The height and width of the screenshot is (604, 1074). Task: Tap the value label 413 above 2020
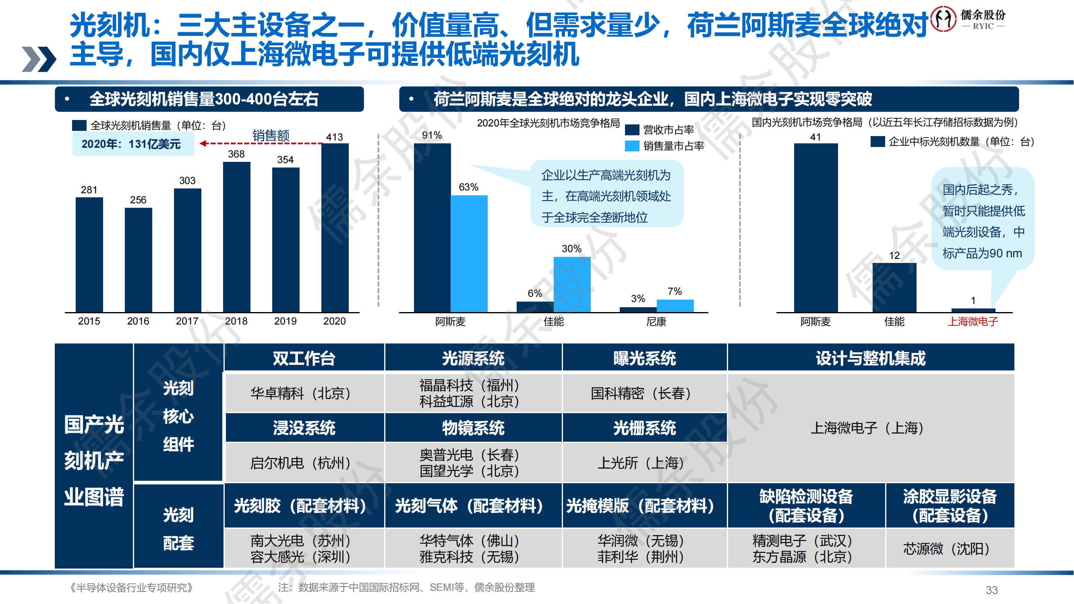click(x=334, y=137)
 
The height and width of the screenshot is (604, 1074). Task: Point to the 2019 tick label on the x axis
click(x=285, y=321)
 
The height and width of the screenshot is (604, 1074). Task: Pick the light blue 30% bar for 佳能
click(x=571, y=284)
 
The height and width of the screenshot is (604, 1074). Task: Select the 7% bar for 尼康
click(x=675, y=306)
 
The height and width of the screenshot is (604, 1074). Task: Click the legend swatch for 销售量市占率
click(x=632, y=146)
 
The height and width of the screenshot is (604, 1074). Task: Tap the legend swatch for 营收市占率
click(x=632, y=130)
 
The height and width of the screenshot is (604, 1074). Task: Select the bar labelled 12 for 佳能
click(x=894, y=287)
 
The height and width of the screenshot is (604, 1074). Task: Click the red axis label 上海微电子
click(x=973, y=321)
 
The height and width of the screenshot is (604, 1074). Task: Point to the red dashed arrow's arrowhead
click(x=203, y=143)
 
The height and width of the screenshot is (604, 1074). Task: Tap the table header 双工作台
click(x=304, y=358)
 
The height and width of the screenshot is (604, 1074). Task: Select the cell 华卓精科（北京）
click(x=300, y=393)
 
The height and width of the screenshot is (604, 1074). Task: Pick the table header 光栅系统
click(x=644, y=428)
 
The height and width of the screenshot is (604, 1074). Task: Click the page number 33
click(x=991, y=590)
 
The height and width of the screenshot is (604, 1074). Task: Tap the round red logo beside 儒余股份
click(x=944, y=19)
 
